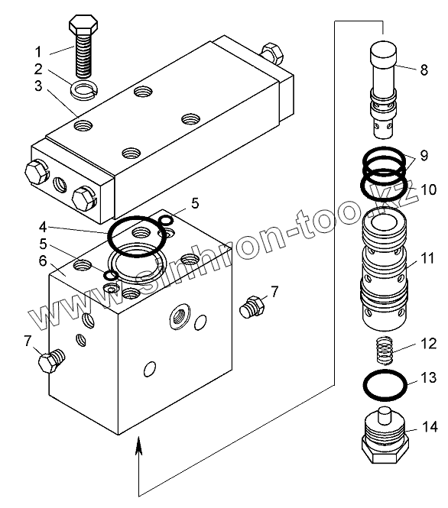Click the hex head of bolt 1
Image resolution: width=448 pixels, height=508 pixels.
click(x=83, y=24)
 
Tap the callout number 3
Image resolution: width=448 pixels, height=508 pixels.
click(x=38, y=86)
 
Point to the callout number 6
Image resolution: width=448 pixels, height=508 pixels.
click(x=43, y=260)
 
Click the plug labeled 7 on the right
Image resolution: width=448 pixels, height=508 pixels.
click(x=252, y=306)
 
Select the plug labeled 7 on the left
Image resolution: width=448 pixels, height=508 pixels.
click(x=51, y=361)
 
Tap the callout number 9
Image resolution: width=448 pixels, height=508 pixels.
click(x=424, y=156)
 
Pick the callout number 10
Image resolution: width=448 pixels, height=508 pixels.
click(x=428, y=189)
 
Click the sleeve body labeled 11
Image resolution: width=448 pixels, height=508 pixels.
click(x=383, y=270)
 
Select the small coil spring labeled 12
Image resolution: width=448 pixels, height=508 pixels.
click(x=385, y=350)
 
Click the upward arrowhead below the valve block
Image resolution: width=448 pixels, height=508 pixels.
click(x=138, y=445)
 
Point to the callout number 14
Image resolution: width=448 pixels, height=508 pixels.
click(x=430, y=427)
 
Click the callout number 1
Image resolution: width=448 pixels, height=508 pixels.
click(x=38, y=52)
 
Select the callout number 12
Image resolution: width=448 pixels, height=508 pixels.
click(x=429, y=344)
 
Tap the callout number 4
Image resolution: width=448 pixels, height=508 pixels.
click(x=43, y=227)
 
